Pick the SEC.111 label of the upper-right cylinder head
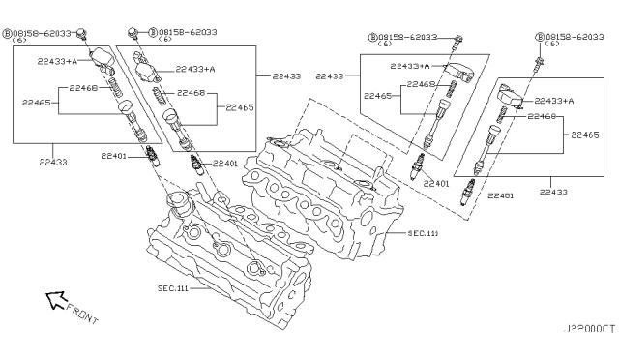[423, 233]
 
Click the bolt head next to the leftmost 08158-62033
[83, 34]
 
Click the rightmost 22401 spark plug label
[500, 195]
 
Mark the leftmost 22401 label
[115, 155]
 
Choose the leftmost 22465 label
[38, 101]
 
